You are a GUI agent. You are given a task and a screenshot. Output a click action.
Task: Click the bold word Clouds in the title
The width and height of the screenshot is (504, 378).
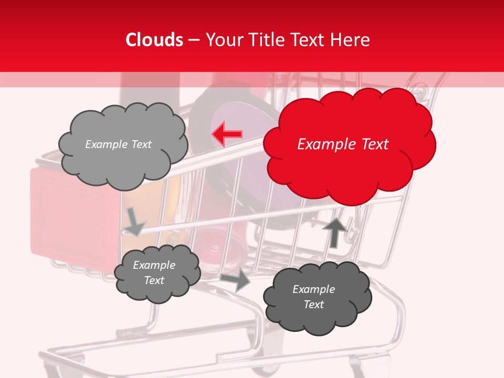(154, 40)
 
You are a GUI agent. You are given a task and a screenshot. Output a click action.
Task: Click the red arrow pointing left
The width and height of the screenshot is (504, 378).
(227, 134)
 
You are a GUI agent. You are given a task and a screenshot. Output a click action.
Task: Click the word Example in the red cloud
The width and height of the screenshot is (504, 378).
(324, 144)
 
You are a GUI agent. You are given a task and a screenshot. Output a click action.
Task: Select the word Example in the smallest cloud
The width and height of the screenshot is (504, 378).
(154, 265)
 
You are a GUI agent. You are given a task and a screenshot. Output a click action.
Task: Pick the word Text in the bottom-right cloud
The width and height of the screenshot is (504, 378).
(313, 304)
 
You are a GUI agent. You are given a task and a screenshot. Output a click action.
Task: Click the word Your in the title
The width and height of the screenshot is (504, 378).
(223, 40)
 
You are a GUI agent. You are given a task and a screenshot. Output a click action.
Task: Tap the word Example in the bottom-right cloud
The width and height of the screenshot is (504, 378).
(313, 289)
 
